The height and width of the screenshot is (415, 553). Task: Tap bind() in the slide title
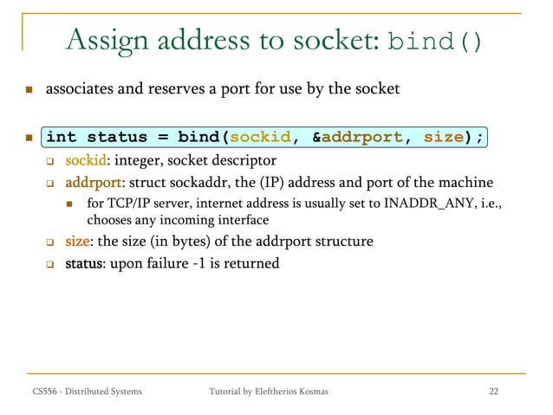coord(435,42)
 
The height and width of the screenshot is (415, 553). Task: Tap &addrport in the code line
coord(355,137)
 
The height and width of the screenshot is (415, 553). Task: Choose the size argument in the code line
coord(442,137)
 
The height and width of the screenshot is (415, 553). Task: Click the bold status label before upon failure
coord(87,263)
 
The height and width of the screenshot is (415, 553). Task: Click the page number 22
coord(493,392)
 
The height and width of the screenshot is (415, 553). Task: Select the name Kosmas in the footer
coord(309,392)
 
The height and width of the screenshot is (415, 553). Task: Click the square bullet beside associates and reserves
coord(29,90)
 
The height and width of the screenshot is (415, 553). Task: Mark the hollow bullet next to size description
coord(50,242)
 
